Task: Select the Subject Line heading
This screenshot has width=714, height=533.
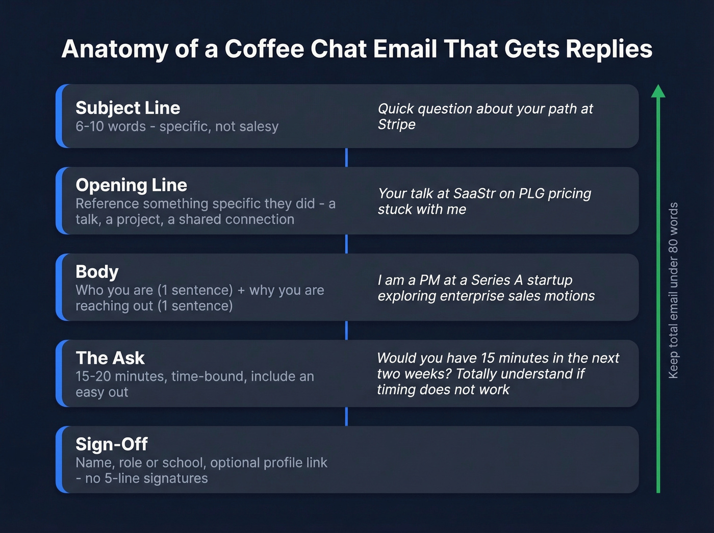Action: pos(127,108)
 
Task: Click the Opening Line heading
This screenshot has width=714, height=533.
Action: pos(131,185)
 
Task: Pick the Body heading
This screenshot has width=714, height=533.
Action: pos(97,272)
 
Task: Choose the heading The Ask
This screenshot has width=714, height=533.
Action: pos(110,358)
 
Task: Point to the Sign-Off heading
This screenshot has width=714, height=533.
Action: pos(112,444)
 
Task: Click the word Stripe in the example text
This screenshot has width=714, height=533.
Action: pos(396,124)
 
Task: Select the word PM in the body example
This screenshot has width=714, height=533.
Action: pos(429,281)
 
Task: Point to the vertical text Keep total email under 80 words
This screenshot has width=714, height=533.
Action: pos(673,291)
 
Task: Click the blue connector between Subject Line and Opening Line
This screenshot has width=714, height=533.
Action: pos(346,158)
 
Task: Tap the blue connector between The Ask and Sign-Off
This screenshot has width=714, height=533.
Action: pos(346,416)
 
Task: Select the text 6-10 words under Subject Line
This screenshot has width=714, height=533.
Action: pos(111,126)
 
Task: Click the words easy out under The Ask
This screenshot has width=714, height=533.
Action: pos(102,392)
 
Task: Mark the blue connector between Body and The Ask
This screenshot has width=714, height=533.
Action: pos(346,330)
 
